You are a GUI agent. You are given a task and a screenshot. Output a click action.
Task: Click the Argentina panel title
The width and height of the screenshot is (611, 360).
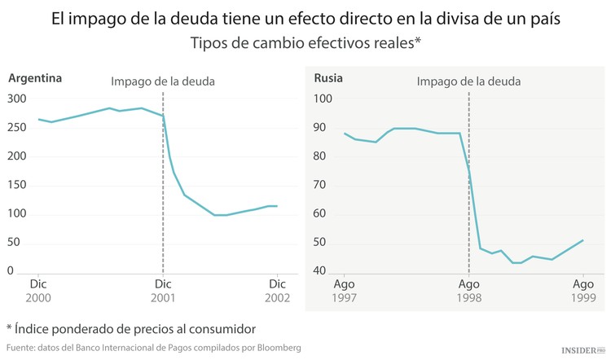[x=35, y=79]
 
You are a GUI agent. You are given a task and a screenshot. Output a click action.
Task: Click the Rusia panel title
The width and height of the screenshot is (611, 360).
[x=328, y=79]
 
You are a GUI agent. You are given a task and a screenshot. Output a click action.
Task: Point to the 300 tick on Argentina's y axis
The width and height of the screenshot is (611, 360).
[x=17, y=99]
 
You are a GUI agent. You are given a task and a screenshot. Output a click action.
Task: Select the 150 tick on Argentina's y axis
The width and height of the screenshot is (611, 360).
[x=17, y=185]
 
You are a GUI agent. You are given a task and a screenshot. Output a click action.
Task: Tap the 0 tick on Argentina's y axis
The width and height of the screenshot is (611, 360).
[x=11, y=271]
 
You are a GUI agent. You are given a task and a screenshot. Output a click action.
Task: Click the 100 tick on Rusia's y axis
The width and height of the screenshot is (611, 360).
[x=323, y=99]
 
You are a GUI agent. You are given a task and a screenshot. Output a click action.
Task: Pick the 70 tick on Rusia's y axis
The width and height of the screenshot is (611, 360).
[x=323, y=185]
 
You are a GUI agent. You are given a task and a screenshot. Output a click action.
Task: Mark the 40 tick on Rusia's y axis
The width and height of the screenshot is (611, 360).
[x=323, y=271]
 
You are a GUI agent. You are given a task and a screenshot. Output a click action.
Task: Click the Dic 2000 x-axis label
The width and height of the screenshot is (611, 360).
[x=38, y=291]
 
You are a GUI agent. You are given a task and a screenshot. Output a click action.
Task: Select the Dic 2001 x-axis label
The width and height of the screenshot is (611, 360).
[x=163, y=291]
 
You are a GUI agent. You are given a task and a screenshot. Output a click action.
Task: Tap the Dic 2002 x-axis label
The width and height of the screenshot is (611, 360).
[x=278, y=291]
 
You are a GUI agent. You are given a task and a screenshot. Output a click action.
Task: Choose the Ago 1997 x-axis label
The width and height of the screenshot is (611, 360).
[x=345, y=291]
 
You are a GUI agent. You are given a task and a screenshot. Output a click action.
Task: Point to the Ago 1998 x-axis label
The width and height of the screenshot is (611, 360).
[x=468, y=291]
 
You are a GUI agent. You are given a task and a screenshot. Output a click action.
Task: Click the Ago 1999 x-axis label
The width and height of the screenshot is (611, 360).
[x=583, y=291]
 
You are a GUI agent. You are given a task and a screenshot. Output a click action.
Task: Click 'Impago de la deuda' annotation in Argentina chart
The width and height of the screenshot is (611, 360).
[x=163, y=81]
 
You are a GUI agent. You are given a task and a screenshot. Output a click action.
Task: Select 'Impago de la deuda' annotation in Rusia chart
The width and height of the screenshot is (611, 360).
[x=468, y=81]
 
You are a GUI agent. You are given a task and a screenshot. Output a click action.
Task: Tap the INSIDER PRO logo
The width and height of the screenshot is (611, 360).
[x=583, y=349]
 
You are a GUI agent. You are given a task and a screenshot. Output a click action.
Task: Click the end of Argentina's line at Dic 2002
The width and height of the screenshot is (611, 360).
[x=277, y=206]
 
